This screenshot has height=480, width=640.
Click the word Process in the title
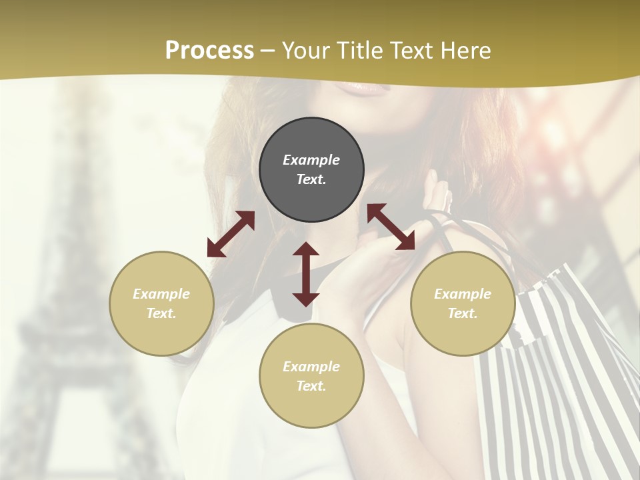click(209, 51)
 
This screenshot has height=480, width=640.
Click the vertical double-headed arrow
click(306, 274)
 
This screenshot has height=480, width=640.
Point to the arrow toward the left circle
click(231, 234)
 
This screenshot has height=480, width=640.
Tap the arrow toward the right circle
click(391, 227)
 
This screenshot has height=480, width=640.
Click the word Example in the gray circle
click(311, 160)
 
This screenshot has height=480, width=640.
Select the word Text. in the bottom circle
click(311, 386)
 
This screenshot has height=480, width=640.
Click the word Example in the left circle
click(161, 294)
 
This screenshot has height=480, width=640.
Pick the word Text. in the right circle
click(463, 313)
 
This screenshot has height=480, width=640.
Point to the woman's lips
click(363, 86)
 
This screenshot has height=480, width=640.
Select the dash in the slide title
click(268, 51)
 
